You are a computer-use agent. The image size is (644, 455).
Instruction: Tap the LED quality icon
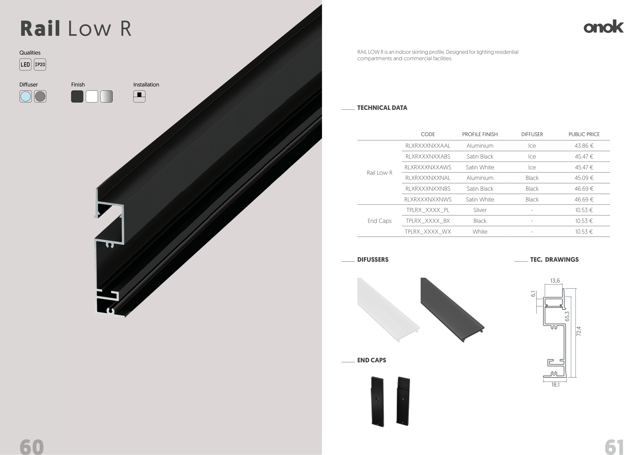pos(25,64)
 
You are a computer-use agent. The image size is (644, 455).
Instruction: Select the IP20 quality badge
pos(40,64)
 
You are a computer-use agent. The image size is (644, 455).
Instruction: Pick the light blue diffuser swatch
pos(26,97)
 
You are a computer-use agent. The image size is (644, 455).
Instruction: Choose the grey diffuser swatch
pos(40,97)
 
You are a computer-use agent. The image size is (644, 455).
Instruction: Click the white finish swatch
pos(92,97)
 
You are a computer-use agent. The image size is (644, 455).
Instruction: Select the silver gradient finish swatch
pos(107,97)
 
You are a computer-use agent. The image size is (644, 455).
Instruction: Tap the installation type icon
pos(139,97)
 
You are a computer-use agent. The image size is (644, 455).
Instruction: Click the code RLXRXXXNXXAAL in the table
pos(428,146)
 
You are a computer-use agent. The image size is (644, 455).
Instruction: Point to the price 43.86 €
pos(584,146)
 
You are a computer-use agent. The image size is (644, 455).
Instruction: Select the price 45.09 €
pos(584,178)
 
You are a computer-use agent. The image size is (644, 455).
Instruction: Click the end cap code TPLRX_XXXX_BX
pos(428,221)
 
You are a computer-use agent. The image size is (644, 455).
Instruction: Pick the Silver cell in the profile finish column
pos(480,210)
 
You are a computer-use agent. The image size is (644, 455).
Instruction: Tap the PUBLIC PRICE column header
pos(584,134)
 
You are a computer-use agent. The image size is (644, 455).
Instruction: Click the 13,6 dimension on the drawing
pos(555,281)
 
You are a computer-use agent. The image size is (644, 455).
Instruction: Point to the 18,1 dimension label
pos(555,385)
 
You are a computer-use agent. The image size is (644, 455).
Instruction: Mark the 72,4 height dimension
pos(579,331)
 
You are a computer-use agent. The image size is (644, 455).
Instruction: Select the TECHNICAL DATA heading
pos(382,108)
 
